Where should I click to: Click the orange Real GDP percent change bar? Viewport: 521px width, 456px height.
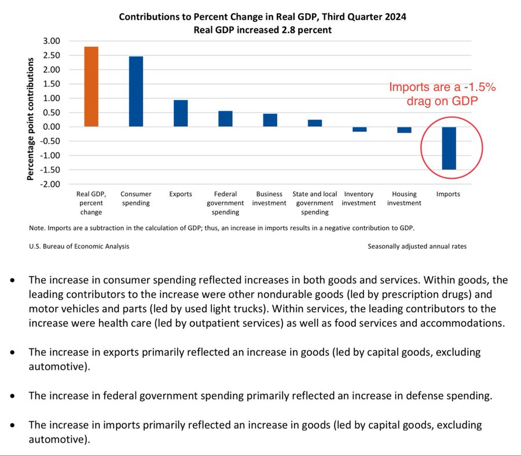click(x=91, y=86)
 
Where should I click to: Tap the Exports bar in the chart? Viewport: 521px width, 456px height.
click(x=181, y=113)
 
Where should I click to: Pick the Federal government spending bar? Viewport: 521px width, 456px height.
click(x=225, y=119)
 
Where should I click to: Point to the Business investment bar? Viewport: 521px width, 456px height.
click(x=270, y=120)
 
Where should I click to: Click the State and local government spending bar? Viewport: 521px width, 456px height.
click(x=315, y=123)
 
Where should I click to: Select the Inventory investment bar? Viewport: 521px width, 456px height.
click(x=359, y=129)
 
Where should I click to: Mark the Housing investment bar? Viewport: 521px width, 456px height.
click(x=404, y=130)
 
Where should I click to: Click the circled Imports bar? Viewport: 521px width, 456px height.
click(x=449, y=148)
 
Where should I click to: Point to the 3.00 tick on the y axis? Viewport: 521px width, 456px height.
click(x=52, y=41)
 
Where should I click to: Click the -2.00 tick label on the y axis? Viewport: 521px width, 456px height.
click(x=50, y=184)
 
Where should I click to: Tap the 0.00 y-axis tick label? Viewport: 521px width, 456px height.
click(x=52, y=127)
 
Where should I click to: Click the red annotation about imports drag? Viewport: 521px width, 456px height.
click(x=442, y=94)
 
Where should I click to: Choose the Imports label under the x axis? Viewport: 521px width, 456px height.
click(x=449, y=194)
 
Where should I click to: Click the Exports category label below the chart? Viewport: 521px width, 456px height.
click(x=181, y=194)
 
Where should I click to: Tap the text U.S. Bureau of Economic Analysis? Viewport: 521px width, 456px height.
click(x=79, y=246)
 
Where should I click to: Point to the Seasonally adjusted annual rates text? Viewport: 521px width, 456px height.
click(x=417, y=246)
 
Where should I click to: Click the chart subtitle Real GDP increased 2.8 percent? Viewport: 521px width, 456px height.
click(x=262, y=30)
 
